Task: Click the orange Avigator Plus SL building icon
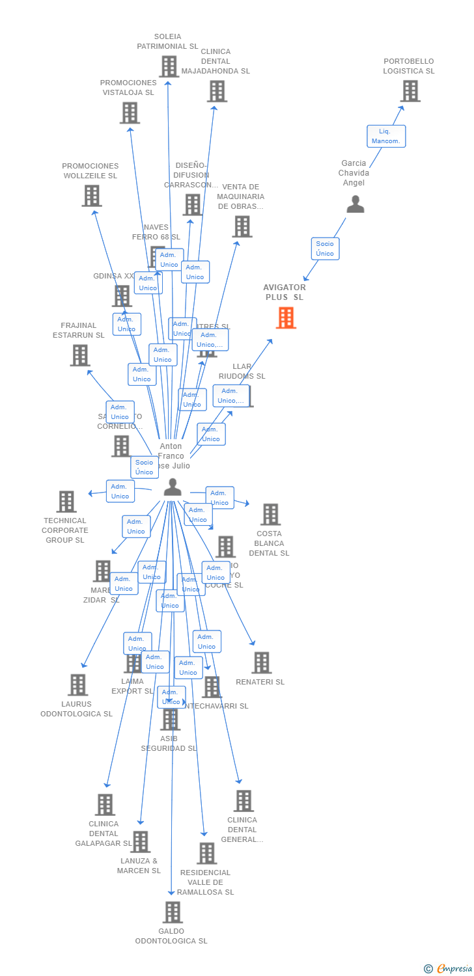point(286,318)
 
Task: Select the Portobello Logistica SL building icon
point(410,91)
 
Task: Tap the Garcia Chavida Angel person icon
point(355,204)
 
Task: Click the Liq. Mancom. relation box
point(386,136)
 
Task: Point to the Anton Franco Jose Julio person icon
point(173,487)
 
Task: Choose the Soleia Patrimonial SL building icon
point(169,66)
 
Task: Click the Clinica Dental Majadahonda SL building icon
point(217,91)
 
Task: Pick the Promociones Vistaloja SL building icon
point(130,113)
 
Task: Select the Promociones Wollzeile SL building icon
point(92,196)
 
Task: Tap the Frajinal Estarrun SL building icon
point(80,355)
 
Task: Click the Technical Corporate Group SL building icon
point(66,502)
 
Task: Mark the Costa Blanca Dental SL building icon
point(270,514)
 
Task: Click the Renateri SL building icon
point(261,662)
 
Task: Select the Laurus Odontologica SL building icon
point(78,685)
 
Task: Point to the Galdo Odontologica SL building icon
point(172,912)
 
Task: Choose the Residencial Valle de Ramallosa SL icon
point(206,853)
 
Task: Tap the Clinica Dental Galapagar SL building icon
point(105,805)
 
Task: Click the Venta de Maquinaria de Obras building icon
point(242,226)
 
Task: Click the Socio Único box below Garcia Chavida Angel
point(325,249)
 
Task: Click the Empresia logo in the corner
point(449,969)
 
